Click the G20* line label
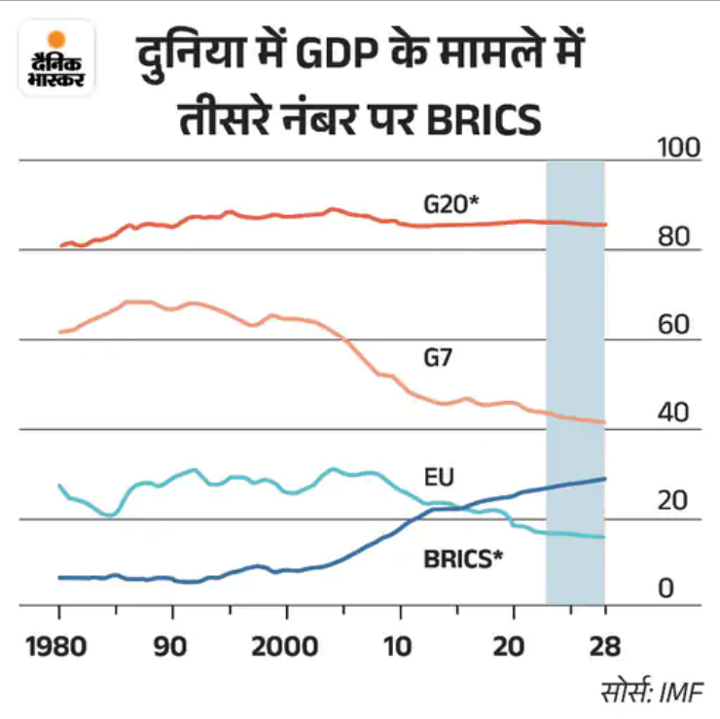click(450, 204)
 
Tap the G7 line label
click(438, 357)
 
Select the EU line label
click(439, 477)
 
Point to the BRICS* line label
click(463, 559)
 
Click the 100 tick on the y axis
click(679, 148)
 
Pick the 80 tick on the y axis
click(673, 236)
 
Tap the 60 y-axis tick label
click(673, 324)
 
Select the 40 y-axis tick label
click(673, 413)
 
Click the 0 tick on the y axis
click(666, 589)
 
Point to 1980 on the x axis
click(56, 646)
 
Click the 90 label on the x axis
click(170, 646)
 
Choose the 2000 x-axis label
click(285, 646)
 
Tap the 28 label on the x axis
click(605, 646)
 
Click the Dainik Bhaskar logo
click(56, 57)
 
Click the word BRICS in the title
click(484, 121)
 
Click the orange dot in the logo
click(56, 40)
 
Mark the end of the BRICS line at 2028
click(605, 479)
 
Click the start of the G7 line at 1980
click(59, 332)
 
